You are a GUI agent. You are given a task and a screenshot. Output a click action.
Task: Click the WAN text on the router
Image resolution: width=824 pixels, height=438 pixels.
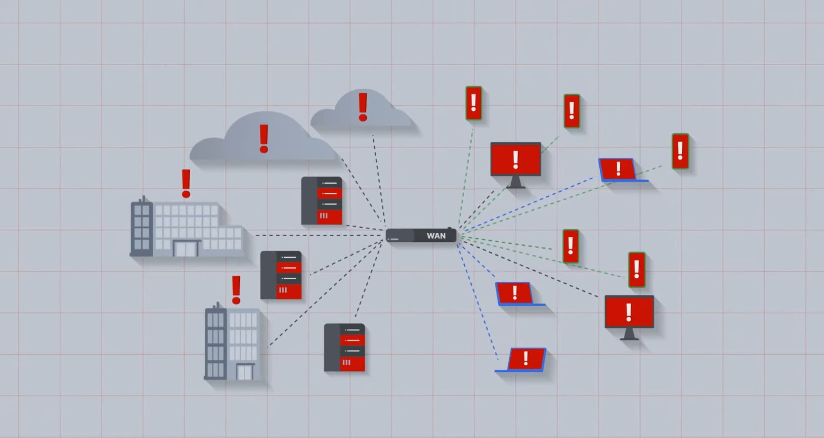click(436, 236)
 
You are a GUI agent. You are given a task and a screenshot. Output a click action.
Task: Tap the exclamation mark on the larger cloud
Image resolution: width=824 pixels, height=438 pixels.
click(263, 138)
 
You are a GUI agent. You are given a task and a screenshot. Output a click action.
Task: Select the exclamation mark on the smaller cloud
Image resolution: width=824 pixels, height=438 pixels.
click(362, 107)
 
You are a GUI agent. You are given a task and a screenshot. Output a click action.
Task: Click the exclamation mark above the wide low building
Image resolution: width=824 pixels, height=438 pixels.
click(186, 183)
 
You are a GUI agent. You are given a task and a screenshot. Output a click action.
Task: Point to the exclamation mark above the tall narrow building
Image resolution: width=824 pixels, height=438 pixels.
click(236, 290)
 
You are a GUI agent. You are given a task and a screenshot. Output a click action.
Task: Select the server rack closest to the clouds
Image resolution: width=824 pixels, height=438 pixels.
click(322, 201)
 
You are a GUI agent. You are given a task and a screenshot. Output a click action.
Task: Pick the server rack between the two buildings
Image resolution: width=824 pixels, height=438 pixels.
click(281, 275)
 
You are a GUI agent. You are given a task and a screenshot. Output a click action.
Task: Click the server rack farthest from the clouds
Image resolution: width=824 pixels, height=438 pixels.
click(344, 347)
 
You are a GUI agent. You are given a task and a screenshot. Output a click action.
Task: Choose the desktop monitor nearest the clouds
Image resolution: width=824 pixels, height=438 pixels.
click(516, 159)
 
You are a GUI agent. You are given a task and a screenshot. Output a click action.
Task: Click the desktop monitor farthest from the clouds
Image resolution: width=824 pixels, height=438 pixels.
click(629, 312)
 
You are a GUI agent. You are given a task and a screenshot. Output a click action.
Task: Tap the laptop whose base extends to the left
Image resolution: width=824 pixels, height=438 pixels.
click(524, 360)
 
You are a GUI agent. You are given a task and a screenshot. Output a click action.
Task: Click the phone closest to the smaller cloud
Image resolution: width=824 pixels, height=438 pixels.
click(474, 103)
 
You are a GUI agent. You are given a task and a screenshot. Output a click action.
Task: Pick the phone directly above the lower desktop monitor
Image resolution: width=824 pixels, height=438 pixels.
click(637, 270)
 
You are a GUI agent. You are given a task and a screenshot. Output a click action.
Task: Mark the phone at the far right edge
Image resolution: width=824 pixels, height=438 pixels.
click(680, 151)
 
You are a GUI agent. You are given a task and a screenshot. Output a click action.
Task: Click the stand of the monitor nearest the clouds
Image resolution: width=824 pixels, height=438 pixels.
click(516, 182)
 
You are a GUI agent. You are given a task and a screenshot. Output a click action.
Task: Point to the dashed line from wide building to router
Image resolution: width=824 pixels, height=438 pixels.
click(318, 236)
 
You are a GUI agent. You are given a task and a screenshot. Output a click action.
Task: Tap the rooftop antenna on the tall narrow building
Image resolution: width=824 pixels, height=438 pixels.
click(217, 304)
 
